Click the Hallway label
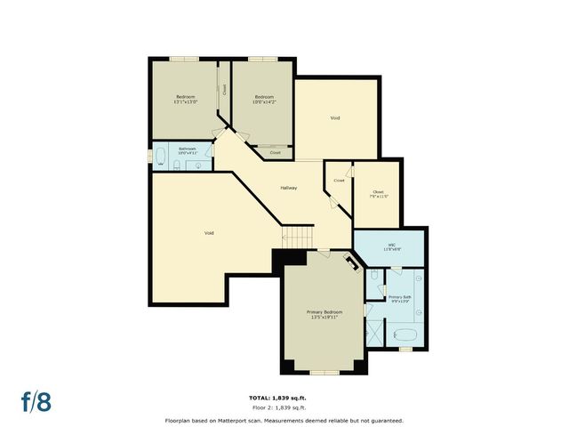pyautogui.click(x=289, y=188)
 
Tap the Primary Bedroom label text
pyautogui.click(x=325, y=313)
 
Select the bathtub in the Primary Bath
pyautogui.click(x=405, y=335)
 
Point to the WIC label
pyautogui.click(x=391, y=246)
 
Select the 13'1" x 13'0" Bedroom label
pyautogui.click(x=185, y=99)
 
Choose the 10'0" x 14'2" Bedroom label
pyautogui.click(x=264, y=99)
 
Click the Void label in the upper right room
pyautogui.click(x=335, y=117)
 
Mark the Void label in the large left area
pyautogui.click(x=209, y=233)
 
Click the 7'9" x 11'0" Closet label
pyautogui.click(x=378, y=194)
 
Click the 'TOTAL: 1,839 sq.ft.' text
pyautogui.click(x=283, y=397)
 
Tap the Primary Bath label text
pyautogui.click(x=400, y=299)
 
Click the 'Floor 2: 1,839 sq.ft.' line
pyautogui.click(x=283, y=407)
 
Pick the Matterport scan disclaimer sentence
pyautogui.click(x=284, y=420)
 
